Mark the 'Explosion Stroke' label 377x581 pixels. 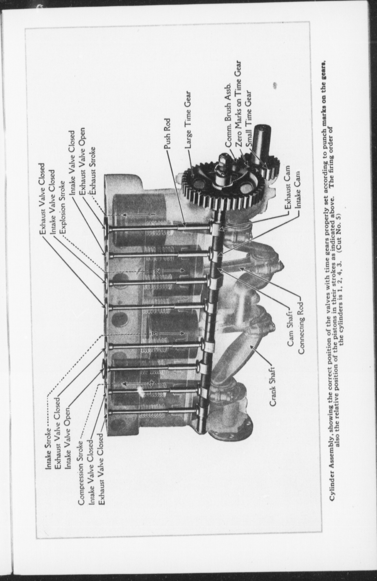[62, 207]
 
